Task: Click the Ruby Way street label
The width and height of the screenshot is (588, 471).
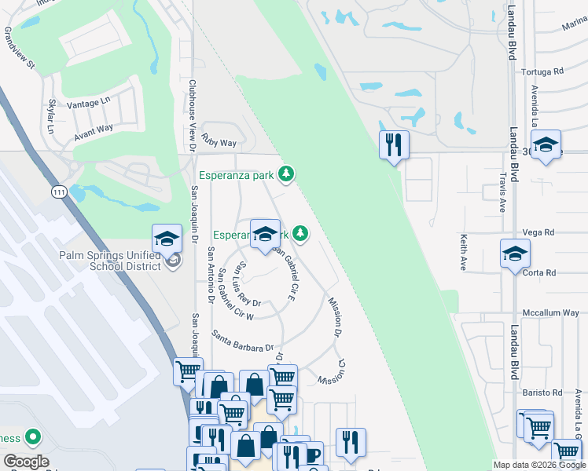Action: (219, 142)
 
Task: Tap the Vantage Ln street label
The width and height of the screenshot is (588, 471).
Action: (89, 103)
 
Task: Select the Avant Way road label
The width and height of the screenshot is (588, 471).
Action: (94, 133)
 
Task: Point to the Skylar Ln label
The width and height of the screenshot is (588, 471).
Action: (53, 116)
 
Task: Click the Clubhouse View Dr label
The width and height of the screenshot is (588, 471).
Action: (192, 111)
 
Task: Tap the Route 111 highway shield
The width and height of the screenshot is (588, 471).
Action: (59, 192)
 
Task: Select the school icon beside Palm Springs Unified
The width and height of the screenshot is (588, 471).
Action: (167, 236)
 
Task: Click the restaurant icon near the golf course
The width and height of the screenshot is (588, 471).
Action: (394, 144)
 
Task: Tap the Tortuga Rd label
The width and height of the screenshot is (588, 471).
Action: (542, 71)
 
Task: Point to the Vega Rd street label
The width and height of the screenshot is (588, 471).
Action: (538, 232)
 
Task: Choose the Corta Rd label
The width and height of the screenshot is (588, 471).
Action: (540, 273)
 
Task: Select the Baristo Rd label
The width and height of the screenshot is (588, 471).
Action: (542, 392)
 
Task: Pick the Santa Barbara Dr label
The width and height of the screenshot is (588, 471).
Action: (241, 341)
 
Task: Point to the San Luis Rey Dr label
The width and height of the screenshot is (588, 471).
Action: (249, 283)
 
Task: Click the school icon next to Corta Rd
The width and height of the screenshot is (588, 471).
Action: (515, 253)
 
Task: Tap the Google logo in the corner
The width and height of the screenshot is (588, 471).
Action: (26, 462)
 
